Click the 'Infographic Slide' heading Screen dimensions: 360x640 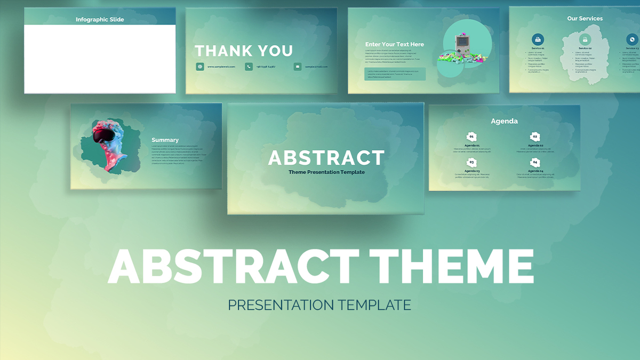[x=100, y=20]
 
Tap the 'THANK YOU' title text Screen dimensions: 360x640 [x=244, y=51]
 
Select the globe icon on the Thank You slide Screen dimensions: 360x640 [x=200, y=67]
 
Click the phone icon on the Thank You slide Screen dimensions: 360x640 [x=249, y=67]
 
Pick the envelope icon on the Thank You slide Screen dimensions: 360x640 [x=297, y=67]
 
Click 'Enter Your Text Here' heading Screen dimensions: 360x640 [x=395, y=44]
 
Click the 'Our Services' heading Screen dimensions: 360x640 [x=585, y=19]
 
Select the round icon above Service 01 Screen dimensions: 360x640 [x=538, y=39]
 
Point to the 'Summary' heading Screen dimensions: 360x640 [x=165, y=140]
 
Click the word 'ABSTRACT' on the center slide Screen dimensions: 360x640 [x=326, y=158]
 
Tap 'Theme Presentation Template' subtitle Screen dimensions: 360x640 [x=326, y=172]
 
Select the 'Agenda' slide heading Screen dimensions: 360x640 [x=504, y=121]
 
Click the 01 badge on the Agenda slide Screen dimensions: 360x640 [x=471, y=137]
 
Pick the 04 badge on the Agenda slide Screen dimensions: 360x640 [x=535, y=163]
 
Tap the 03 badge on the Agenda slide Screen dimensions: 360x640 [x=471, y=163]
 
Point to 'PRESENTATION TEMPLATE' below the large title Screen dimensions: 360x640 [x=319, y=305]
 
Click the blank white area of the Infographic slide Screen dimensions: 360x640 [x=100, y=59]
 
